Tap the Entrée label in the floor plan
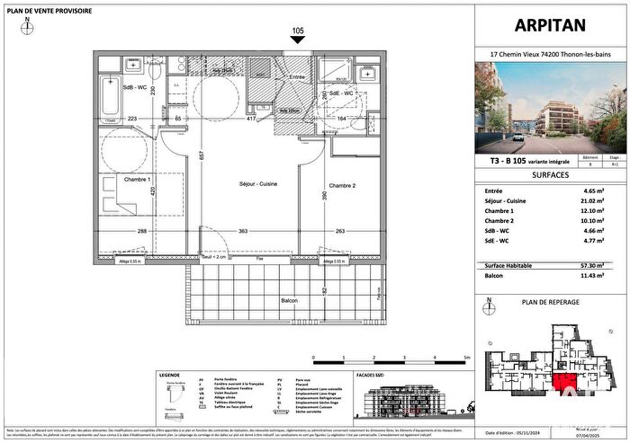pos(297,78)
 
